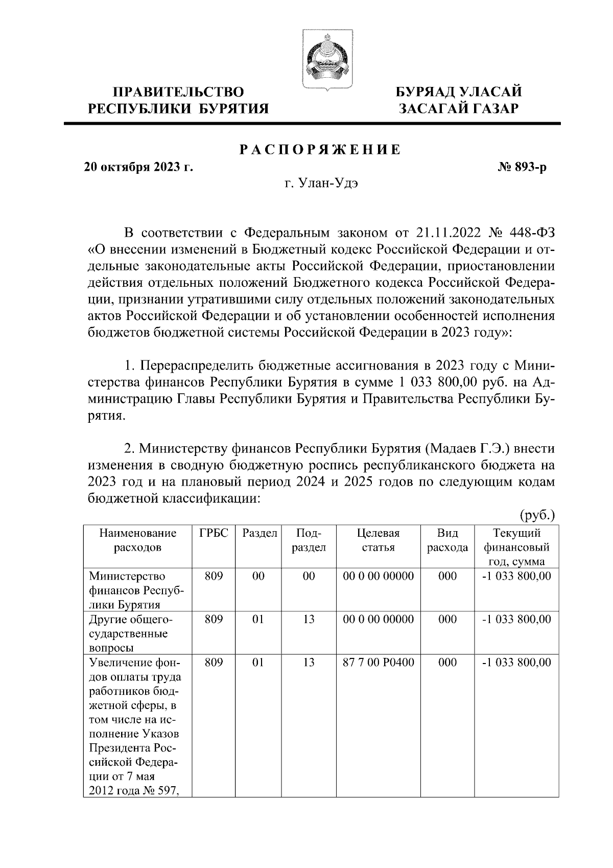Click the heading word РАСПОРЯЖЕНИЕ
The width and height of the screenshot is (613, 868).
tap(320, 150)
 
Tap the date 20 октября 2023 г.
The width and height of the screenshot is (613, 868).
tap(138, 167)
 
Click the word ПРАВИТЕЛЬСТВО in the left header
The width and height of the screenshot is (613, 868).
tap(178, 92)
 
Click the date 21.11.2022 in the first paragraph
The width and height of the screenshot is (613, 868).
tap(449, 234)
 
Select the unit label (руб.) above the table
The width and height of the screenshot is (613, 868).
tap(537, 514)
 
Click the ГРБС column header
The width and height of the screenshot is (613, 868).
tap(214, 533)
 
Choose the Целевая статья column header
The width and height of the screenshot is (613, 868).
tap(378, 540)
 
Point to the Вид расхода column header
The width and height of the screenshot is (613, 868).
tap(447, 540)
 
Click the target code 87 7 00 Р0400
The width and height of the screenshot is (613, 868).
tap(378, 663)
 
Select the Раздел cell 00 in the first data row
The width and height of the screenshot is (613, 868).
tap(258, 576)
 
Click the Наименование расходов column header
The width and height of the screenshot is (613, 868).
tap(137, 540)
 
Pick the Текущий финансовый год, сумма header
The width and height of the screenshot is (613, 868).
tap(516, 547)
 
